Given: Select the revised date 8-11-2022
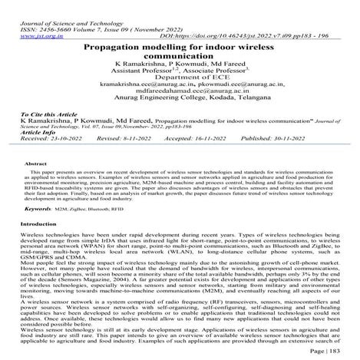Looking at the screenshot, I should pos(146,160).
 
